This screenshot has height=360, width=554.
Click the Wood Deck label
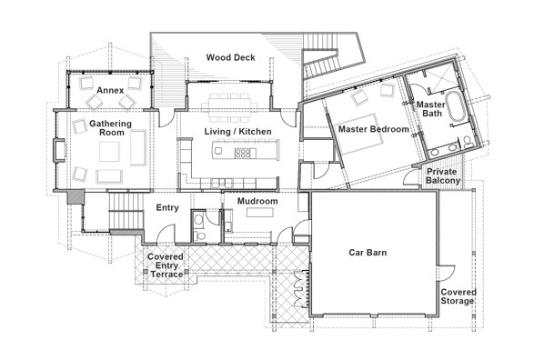tap(230, 57)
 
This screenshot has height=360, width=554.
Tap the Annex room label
tap(110, 90)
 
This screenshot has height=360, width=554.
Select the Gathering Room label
tap(111, 128)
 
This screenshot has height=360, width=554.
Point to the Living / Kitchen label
tap(237, 132)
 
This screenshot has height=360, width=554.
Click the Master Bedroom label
tap(374, 129)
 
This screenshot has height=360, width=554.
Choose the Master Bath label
tap(431, 109)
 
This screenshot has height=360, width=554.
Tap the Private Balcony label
tap(442, 176)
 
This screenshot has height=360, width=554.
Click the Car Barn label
tap(368, 253)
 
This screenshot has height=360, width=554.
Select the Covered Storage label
tap(458, 296)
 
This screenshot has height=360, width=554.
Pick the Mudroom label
tap(257, 202)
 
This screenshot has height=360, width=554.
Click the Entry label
tap(167, 208)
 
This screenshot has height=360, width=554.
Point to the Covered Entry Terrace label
tap(166, 265)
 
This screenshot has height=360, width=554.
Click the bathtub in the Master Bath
tap(455, 105)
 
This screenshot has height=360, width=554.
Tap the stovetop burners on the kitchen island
tap(243, 153)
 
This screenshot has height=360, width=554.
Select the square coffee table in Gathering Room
tap(109, 152)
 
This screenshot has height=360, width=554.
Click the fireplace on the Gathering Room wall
tap(59, 151)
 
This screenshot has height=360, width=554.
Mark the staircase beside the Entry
tap(126, 211)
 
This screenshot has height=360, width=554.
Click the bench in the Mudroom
tap(259, 213)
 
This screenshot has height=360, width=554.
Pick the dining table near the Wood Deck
tap(229, 105)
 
